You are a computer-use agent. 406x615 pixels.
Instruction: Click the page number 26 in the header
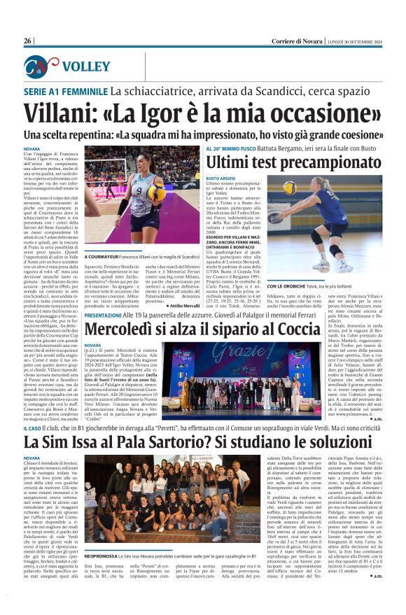pos(28,41)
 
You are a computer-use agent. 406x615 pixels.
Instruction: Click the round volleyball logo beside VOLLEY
pos(36,66)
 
